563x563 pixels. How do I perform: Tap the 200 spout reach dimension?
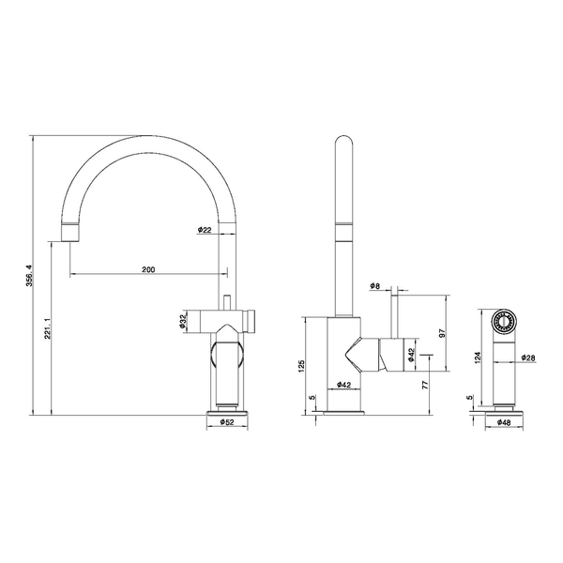click(x=148, y=269)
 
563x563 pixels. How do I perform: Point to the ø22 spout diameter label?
click(x=205, y=230)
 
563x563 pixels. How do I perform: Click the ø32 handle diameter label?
click(x=182, y=321)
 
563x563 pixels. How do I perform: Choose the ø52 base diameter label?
click(x=226, y=422)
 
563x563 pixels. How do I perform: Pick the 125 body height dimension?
click(x=301, y=366)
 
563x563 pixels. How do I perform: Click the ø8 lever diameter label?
click(x=374, y=286)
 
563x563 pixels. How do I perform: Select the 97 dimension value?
click(x=442, y=333)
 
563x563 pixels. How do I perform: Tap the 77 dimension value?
click(x=425, y=386)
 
